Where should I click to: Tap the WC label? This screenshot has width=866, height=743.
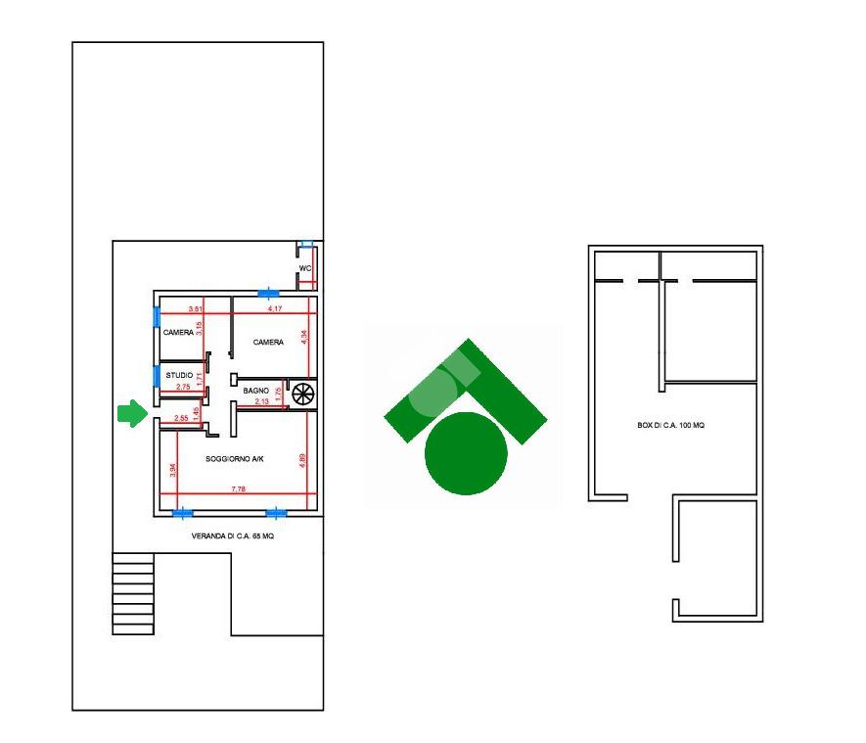pos(305,268)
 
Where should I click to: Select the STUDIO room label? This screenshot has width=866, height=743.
pos(179,375)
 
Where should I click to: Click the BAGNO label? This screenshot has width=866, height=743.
pos(256,391)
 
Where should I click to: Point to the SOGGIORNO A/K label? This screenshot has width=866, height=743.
pos(235,458)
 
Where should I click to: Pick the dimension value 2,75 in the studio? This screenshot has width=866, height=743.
pos(183,388)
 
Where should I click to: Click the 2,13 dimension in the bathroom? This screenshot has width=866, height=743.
pos(261,401)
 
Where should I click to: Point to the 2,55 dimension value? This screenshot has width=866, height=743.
pos(181,419)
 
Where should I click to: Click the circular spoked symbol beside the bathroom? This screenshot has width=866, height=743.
pos(303,393)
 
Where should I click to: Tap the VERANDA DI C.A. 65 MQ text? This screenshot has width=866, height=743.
pos(232,536)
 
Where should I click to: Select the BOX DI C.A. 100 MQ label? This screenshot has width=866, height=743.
pos(670,425)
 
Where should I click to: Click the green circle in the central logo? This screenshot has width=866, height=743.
pos(466,453)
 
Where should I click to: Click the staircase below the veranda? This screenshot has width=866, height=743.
pos(133,593)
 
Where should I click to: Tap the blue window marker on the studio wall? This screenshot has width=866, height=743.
pos(156,375)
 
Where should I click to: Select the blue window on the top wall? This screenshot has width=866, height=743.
pos(266,292)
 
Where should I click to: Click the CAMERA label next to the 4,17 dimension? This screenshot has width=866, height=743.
pos(268,343)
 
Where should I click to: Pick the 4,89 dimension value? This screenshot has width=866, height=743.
pos(304,460)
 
